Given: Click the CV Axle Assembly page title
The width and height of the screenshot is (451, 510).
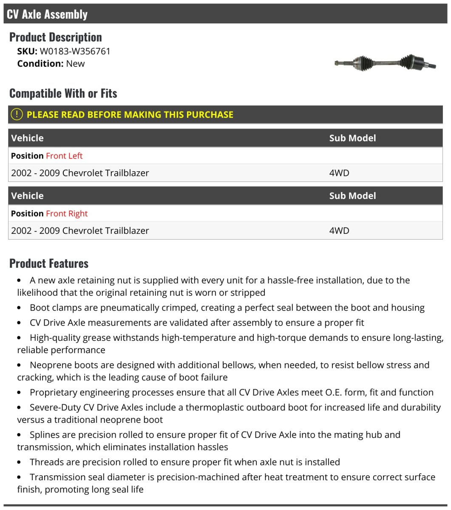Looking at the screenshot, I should (47, 14).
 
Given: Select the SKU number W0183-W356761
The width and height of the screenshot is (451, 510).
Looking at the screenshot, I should (75, 51).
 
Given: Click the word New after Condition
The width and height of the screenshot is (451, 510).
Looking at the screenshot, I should (75, 64).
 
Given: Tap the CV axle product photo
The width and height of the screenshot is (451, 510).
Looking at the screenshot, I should (385, 63).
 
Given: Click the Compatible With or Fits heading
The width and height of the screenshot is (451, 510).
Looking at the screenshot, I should (63, 93).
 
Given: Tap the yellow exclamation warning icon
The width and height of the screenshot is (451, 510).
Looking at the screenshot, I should (17, 114).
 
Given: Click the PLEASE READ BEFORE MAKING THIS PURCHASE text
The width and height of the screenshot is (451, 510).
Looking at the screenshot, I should (130, 115).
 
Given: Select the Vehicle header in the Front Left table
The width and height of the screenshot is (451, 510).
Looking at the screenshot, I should (27, 138).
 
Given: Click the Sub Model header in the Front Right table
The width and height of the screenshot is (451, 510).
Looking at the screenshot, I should (352, 196).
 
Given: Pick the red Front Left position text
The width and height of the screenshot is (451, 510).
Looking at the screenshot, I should (64, 156).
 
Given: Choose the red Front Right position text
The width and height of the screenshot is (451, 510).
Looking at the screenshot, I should (67, 214).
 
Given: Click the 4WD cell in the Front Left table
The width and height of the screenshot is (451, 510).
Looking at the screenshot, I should (339, 173).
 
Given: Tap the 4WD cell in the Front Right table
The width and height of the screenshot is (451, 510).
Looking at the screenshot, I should (339, 231).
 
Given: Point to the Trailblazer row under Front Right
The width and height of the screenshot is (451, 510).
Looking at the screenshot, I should (80, 231).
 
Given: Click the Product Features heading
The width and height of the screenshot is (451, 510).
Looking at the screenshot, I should (49, 263).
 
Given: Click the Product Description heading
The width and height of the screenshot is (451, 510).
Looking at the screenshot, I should (56, 37).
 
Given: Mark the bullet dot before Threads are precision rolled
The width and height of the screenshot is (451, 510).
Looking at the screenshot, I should (19, 462).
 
